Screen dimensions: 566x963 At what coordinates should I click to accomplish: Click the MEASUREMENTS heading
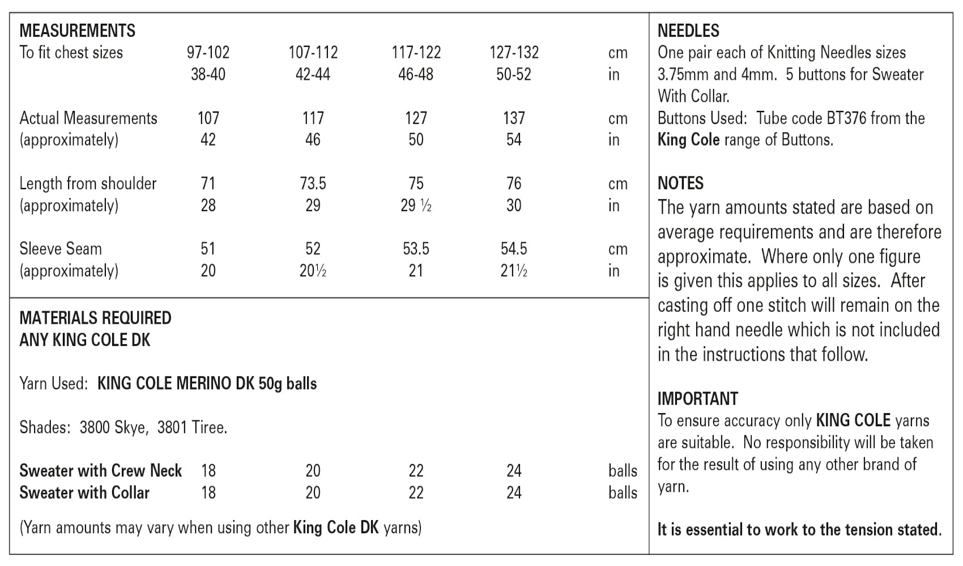[x=77, y=31]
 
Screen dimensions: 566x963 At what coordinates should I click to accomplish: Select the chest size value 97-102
[x=208, y=53]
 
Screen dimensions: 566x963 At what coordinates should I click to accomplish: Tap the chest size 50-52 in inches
[x=513, y=75]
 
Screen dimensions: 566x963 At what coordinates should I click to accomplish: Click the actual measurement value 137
[x=513, y=118]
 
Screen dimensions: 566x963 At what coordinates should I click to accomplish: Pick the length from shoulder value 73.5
[x=313, y=184]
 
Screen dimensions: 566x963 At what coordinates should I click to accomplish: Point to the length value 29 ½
[x=416, y=206]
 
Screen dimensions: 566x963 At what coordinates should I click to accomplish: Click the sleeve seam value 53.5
[x=416, y=249]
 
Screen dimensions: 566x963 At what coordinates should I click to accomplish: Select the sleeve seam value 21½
[x=513, y=271]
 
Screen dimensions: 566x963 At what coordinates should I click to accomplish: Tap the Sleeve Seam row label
[x=61, y=249]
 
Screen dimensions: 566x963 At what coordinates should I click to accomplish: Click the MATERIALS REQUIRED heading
[x=95, y=318]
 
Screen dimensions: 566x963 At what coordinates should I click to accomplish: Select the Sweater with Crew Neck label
[x=100, y=471]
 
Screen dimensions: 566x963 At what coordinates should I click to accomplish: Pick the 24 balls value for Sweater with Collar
[x=513, y=493]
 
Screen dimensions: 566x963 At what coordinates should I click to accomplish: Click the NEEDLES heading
[x=688, y=31]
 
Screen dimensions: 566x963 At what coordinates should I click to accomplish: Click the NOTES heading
[x=680, y=183]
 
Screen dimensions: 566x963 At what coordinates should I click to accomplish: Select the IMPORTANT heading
[x=697, y=399]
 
